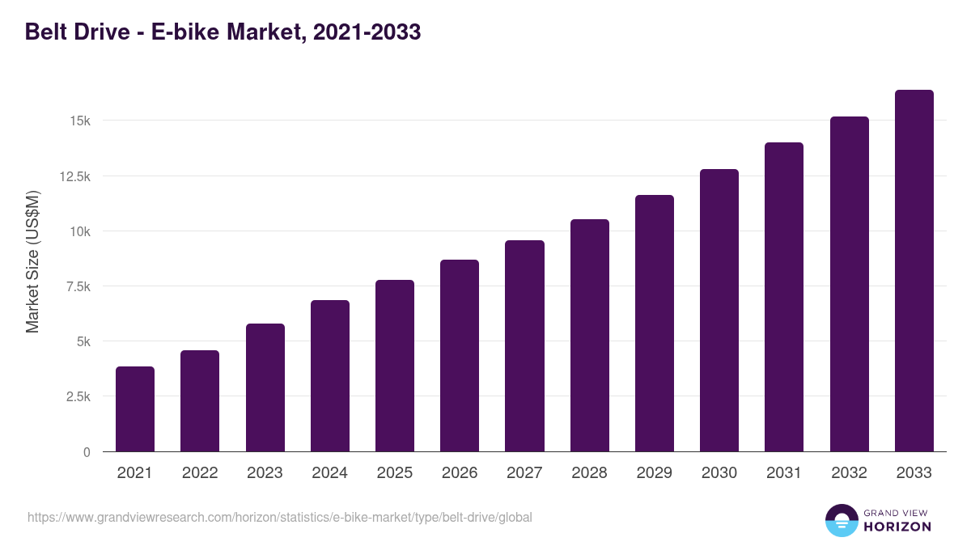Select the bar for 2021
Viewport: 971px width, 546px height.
click(135, 409)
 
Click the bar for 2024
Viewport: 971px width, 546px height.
click(330, 376)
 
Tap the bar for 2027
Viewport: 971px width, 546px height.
click(524, 346)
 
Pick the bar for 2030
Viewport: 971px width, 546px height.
click(719, 311)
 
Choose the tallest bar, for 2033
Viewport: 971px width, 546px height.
click(914, 271)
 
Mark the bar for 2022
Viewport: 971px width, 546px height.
click(200, 401)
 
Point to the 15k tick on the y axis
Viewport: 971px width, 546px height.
click(78, 121)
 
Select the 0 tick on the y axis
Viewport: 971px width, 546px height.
click(86, 452)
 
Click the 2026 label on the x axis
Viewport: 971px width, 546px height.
click(460, 473)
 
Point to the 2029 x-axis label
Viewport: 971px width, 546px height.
click(654, 473)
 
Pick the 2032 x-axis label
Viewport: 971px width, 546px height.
click(849, 473)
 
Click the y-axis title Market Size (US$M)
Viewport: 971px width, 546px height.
click(32, 262)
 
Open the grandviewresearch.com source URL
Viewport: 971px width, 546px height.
click(280, 517)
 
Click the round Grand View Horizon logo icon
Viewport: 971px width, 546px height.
click(842, 520)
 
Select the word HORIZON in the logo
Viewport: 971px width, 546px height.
click(897, 527)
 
